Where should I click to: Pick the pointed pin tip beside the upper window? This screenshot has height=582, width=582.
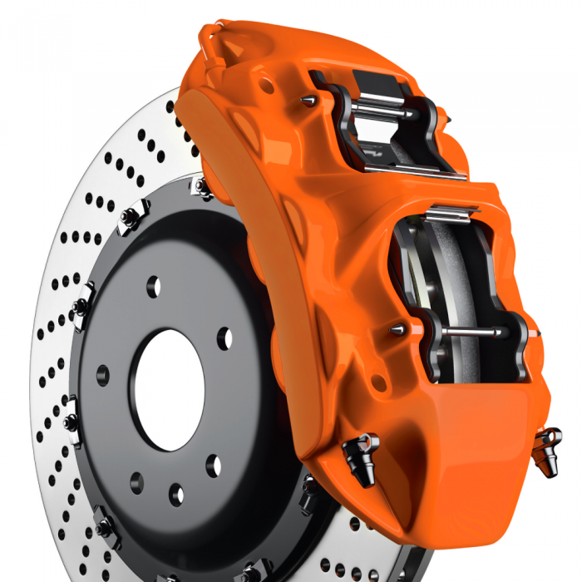(x=308, y=100)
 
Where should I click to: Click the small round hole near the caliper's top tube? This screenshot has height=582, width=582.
(x=266, y=84)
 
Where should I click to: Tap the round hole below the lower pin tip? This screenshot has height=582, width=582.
(x=379, y=382)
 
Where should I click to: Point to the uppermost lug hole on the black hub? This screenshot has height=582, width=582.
(x=153, y=287)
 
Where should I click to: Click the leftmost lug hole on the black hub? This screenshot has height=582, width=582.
(x=102, y=375)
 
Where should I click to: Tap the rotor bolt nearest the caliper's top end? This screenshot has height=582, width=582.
(x=202, y=187)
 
